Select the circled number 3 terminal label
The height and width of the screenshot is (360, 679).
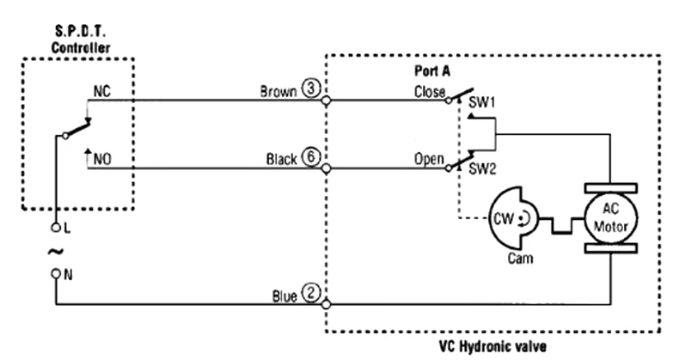coord(311,88)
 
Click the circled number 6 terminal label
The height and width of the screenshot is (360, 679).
coord(311,156)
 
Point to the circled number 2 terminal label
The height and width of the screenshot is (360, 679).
coord(311,293)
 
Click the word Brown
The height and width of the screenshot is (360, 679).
coord(278,91)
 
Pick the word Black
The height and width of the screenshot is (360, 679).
coord(281,159)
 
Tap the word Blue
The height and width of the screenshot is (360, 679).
coord(284,296)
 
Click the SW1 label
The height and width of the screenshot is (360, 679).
coord(482,102)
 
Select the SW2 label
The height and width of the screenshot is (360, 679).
coord(482,168)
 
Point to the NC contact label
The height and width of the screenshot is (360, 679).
coord(102,91)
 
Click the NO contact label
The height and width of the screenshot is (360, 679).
coord(102,159)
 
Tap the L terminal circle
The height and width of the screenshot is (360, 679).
coord(56,227)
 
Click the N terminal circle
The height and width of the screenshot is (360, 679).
coord(56,273)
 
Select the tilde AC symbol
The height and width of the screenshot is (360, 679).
coord(55,251)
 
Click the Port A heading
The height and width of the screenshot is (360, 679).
coord(432,70)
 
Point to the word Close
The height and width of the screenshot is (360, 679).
coord(430,92)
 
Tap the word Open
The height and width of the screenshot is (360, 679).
coord(429,159)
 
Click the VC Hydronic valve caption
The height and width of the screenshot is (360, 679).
coord(492,346)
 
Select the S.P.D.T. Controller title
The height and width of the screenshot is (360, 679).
coord(81,40)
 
